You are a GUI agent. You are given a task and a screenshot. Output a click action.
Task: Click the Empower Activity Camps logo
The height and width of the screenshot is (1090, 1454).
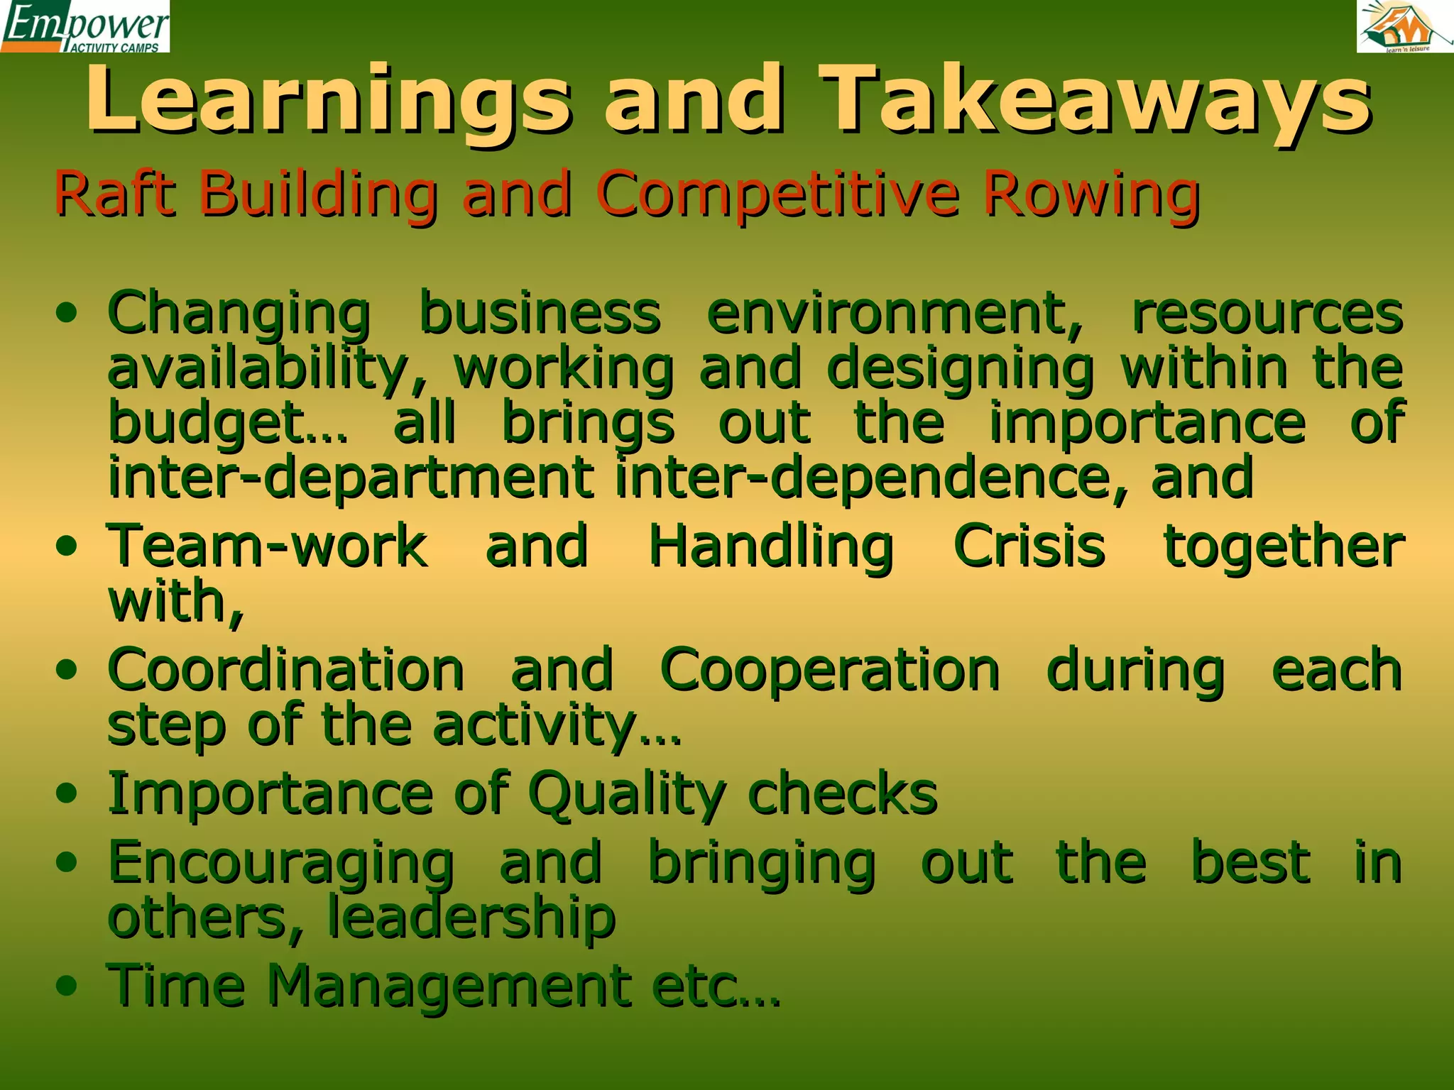coord(85,27)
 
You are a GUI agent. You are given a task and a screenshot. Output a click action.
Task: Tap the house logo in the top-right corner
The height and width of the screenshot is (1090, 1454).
coord(1404,27)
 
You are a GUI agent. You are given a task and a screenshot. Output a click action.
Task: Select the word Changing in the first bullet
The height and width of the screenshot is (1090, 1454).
coord(239,314)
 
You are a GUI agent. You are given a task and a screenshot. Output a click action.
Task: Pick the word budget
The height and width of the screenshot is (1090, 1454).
coord(227,424)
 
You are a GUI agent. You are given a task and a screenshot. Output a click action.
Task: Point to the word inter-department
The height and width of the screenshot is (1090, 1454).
coord(351,478)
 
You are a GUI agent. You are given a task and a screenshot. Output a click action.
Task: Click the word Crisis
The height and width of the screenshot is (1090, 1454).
coord(1029,546)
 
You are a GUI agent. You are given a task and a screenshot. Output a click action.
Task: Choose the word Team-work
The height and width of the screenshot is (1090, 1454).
coord(267,546)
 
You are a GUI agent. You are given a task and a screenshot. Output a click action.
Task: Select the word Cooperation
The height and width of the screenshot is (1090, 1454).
coord(830,670)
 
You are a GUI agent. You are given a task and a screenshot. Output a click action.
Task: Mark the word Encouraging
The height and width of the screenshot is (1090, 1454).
coord(281,864)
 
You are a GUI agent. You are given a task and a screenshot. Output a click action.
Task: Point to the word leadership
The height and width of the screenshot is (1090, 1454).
coord(471,918)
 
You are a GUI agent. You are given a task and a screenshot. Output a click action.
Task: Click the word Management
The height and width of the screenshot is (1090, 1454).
coord(449,986)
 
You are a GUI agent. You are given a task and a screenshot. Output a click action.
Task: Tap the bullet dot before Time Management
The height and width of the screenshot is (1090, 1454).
coord(67,986)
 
